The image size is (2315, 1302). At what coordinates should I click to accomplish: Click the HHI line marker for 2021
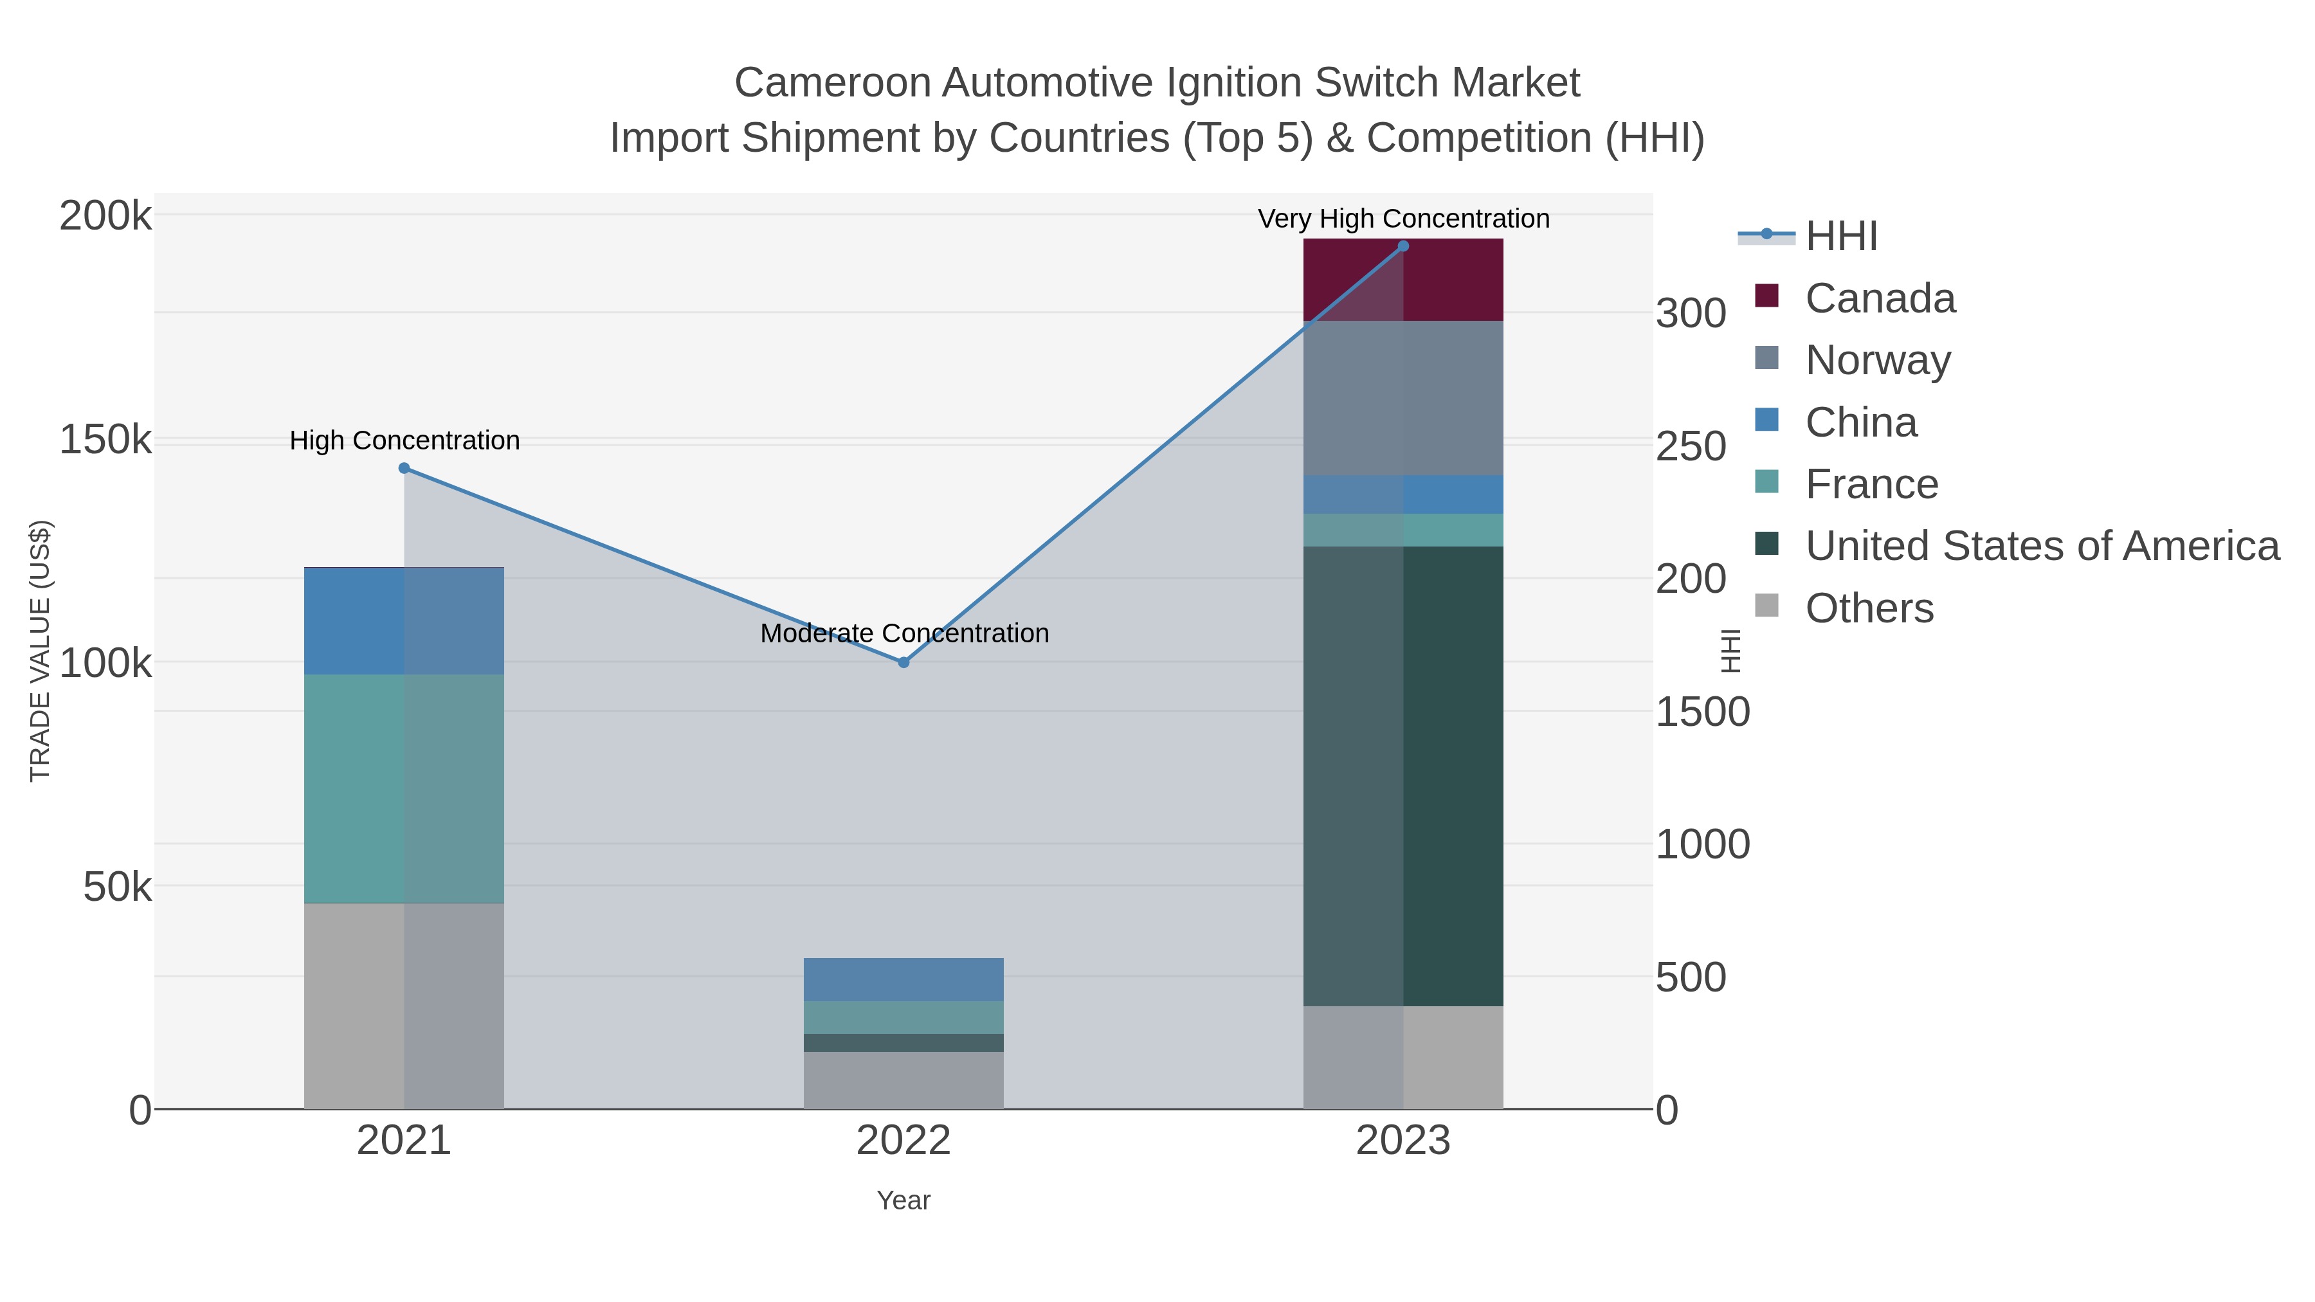point(404,468)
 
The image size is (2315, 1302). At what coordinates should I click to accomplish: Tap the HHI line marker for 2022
point(904,662)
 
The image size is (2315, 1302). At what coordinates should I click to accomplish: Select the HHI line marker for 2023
point(1404,246)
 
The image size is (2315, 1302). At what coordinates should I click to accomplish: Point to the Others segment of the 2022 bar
point(904,1080)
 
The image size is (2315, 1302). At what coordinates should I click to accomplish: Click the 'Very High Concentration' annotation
point(1404,219)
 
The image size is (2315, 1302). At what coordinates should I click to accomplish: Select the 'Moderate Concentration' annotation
point(904,633)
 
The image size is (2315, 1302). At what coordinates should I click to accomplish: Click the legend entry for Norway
point(1878,360)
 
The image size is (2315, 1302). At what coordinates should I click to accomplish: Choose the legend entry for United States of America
point(2042,547)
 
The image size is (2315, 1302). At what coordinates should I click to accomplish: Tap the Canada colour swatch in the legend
point(1767,296)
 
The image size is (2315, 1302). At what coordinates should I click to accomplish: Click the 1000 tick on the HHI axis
point(1702,845)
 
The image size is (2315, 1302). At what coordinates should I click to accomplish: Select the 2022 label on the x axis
point(904,1141)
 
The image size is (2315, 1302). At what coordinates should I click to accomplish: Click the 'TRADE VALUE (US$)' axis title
point(41,651)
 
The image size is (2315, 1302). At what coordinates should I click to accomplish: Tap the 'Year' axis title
point(904,1200)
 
